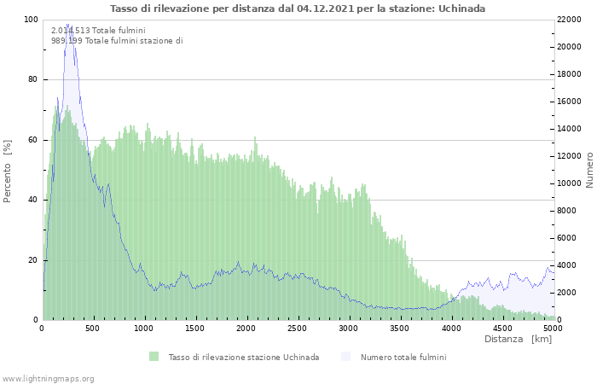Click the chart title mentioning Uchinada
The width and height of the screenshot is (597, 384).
298,9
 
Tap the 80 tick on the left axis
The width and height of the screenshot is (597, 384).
32,79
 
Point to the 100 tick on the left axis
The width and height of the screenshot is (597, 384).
31,20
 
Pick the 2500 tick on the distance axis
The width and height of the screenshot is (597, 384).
450,328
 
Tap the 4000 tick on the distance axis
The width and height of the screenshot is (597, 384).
450,328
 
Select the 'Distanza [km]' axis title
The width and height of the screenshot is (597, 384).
518,340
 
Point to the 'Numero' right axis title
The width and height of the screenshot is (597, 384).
588,170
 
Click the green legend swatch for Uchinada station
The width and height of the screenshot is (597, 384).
154,357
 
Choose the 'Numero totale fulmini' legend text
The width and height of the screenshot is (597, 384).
403,357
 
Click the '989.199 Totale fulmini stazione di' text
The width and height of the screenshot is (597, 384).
117,41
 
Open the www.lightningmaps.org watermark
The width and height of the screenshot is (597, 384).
48,378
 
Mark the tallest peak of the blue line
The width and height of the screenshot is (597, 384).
68,25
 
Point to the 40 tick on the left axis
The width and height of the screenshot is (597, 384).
32,200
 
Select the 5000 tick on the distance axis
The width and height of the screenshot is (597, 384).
553,328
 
